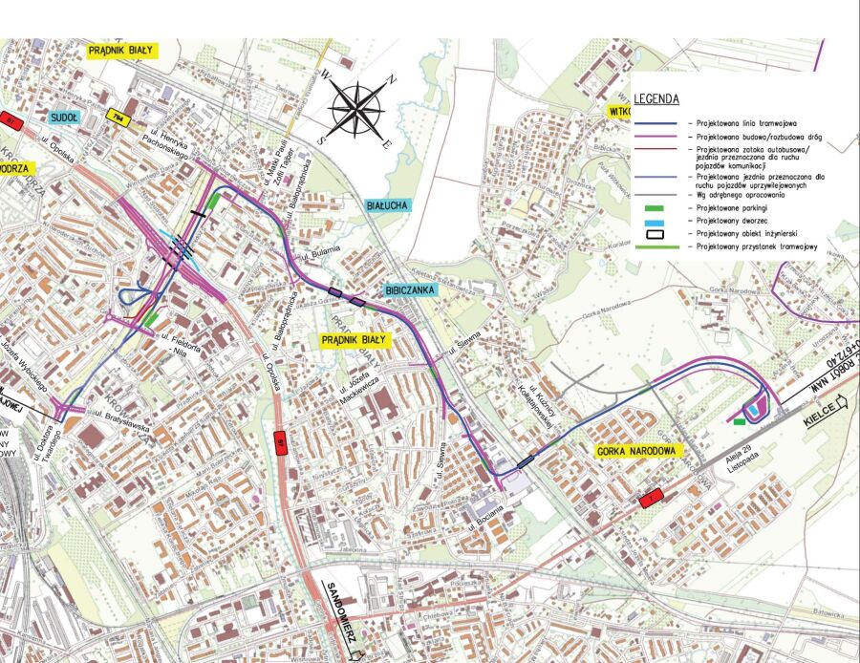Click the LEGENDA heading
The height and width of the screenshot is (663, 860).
point(656,98)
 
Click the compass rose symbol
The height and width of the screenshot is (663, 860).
point(357,107)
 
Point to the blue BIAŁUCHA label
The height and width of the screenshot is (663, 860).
point(387,204)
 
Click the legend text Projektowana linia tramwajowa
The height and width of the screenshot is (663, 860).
point(744,124)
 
